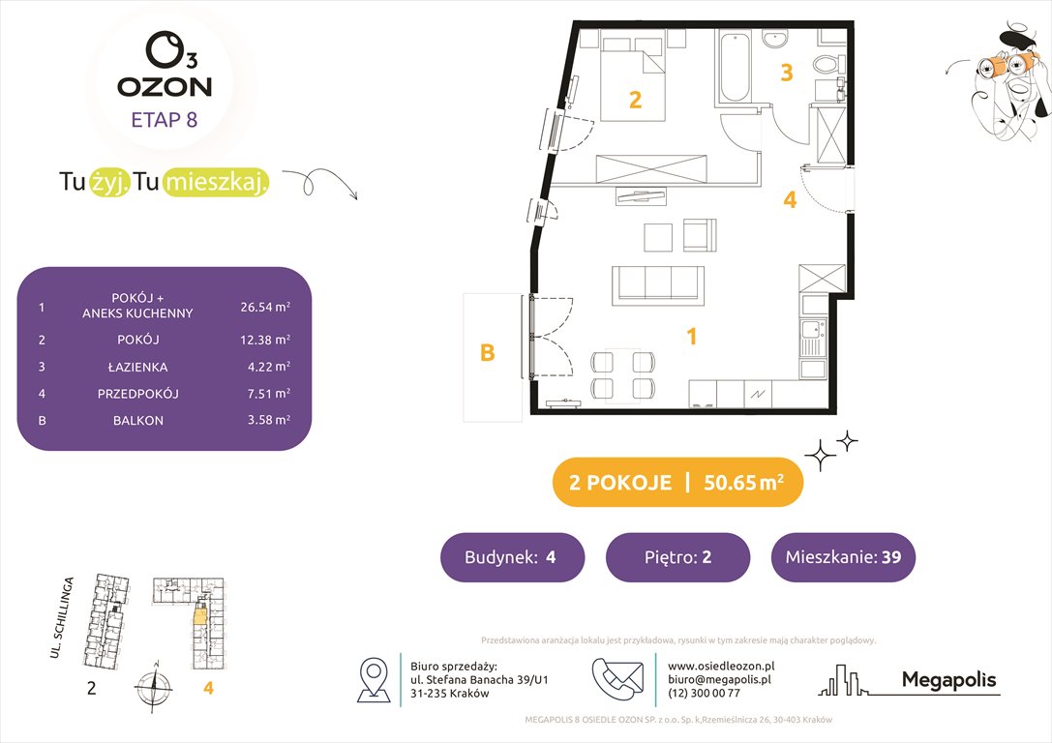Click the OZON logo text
pyautogui.click(x=165, y=87)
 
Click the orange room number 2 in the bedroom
pyautogui.click(x=635, y=100)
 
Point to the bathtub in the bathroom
pyautogui.click(x=734, y=68)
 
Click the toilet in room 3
pyautogui.click(x=827, y=67)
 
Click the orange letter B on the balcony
pyautogui.click(x=488, y=353)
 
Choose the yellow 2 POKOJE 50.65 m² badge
pyautogui.click(x=676, y=483)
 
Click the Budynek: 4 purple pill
pyautogui.click(x=512, y=557)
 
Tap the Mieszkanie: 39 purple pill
pyautogui.click(x=842, y=557)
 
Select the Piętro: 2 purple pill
pyautogui.click(x=677, y=557)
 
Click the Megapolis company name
pyautogui.click(x=947, y=680)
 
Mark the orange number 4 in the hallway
pyautogui.click(x=790, y=200)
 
